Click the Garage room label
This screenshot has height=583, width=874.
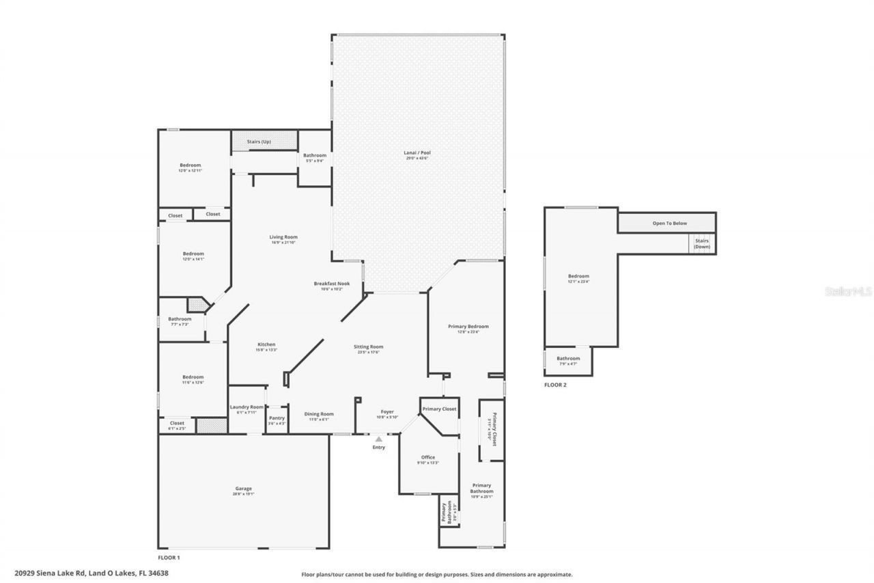click(244, 489)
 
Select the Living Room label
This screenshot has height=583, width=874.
click(283, 237)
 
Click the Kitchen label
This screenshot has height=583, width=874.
click(266, 344)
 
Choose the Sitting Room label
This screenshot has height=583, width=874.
click(368, 347)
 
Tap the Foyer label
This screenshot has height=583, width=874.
click(387, 412)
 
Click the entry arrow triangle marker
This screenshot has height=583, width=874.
click(378, 439)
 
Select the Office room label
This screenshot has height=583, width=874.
click(428, 457)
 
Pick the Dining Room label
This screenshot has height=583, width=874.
click(319, 413)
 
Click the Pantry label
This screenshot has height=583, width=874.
click(277, 418)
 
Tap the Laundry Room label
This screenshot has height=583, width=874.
click(246, 407)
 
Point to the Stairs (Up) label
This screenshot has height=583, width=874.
click(259, 141)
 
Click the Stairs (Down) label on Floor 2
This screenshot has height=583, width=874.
click(702, 243)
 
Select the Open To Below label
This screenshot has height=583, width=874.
click(669, 223)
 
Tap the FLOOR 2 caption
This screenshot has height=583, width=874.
click(555, 385)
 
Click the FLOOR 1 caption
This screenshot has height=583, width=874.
click(169, 558)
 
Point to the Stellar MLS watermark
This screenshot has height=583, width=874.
click(848, 291)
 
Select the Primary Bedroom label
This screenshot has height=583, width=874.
click(468, 327)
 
